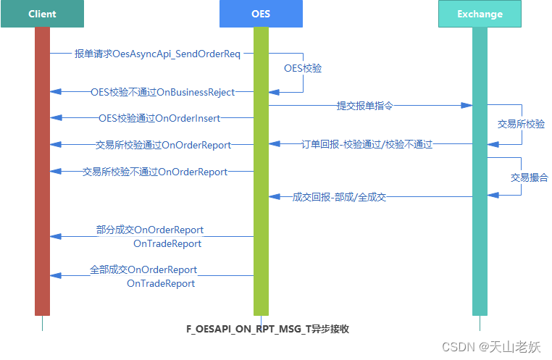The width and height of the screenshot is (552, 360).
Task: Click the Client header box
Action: pos(42,14)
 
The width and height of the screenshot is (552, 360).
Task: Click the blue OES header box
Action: pos(261,14)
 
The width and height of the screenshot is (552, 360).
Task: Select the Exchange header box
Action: pos(480,14)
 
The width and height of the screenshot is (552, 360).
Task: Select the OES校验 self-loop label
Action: pos(303,68)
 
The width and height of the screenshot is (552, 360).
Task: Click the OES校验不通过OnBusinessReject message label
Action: pos(162,92)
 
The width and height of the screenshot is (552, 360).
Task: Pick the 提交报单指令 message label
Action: pos(365,105)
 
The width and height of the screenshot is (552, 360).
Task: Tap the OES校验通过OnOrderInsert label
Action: pos(159,118)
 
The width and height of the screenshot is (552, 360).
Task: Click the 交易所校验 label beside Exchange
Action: pos(521,124)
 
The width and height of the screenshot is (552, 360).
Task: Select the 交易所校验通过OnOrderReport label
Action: pos(163,145)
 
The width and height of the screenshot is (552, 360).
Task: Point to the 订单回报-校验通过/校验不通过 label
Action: pos(367,144)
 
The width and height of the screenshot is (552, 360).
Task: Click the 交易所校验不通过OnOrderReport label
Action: pos(154,172)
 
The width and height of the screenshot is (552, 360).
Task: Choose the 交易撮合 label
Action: pos(529,177)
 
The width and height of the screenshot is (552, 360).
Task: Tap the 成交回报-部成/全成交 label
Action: pos(339,196)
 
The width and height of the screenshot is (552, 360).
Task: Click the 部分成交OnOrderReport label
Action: pos(150,230)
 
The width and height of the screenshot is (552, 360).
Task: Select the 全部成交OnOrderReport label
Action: pos(143,269)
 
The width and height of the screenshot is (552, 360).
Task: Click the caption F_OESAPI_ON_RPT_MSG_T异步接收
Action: pos(268,329)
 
